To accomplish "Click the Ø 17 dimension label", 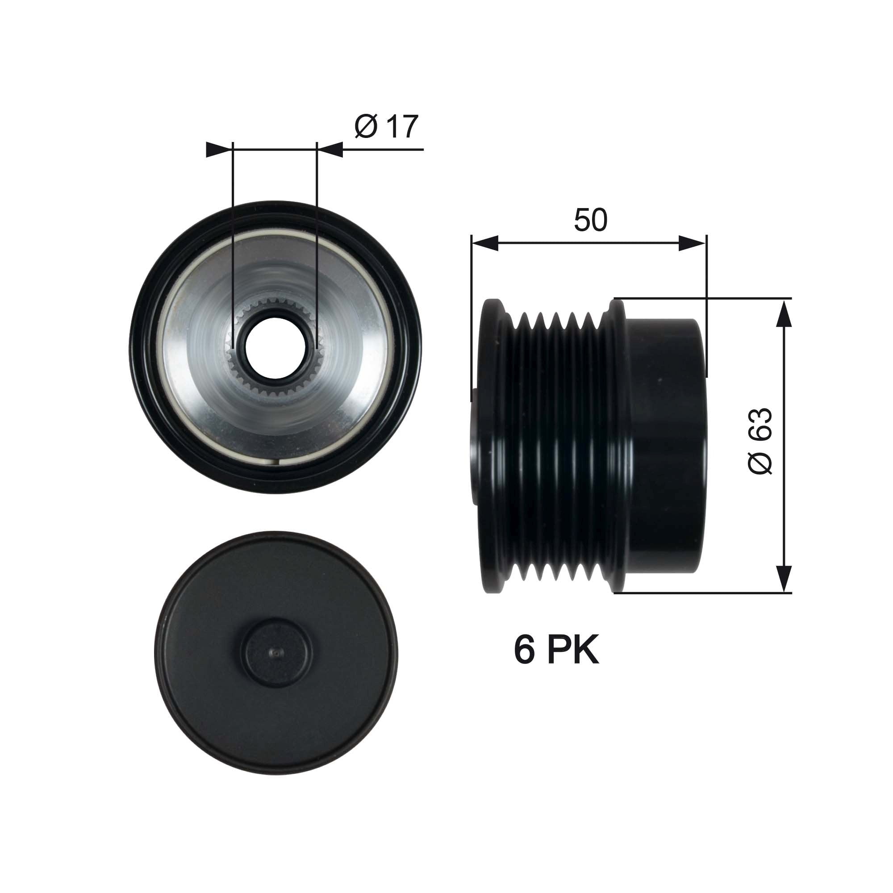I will tap(386, 126).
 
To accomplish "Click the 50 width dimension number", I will tap(590, 220).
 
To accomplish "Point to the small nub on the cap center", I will tap(276, 652).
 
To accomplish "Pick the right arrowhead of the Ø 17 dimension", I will tap(330, 149).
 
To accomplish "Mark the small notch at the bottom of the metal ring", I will tap(276, 461).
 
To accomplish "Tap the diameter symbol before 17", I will tap(366, 126).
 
